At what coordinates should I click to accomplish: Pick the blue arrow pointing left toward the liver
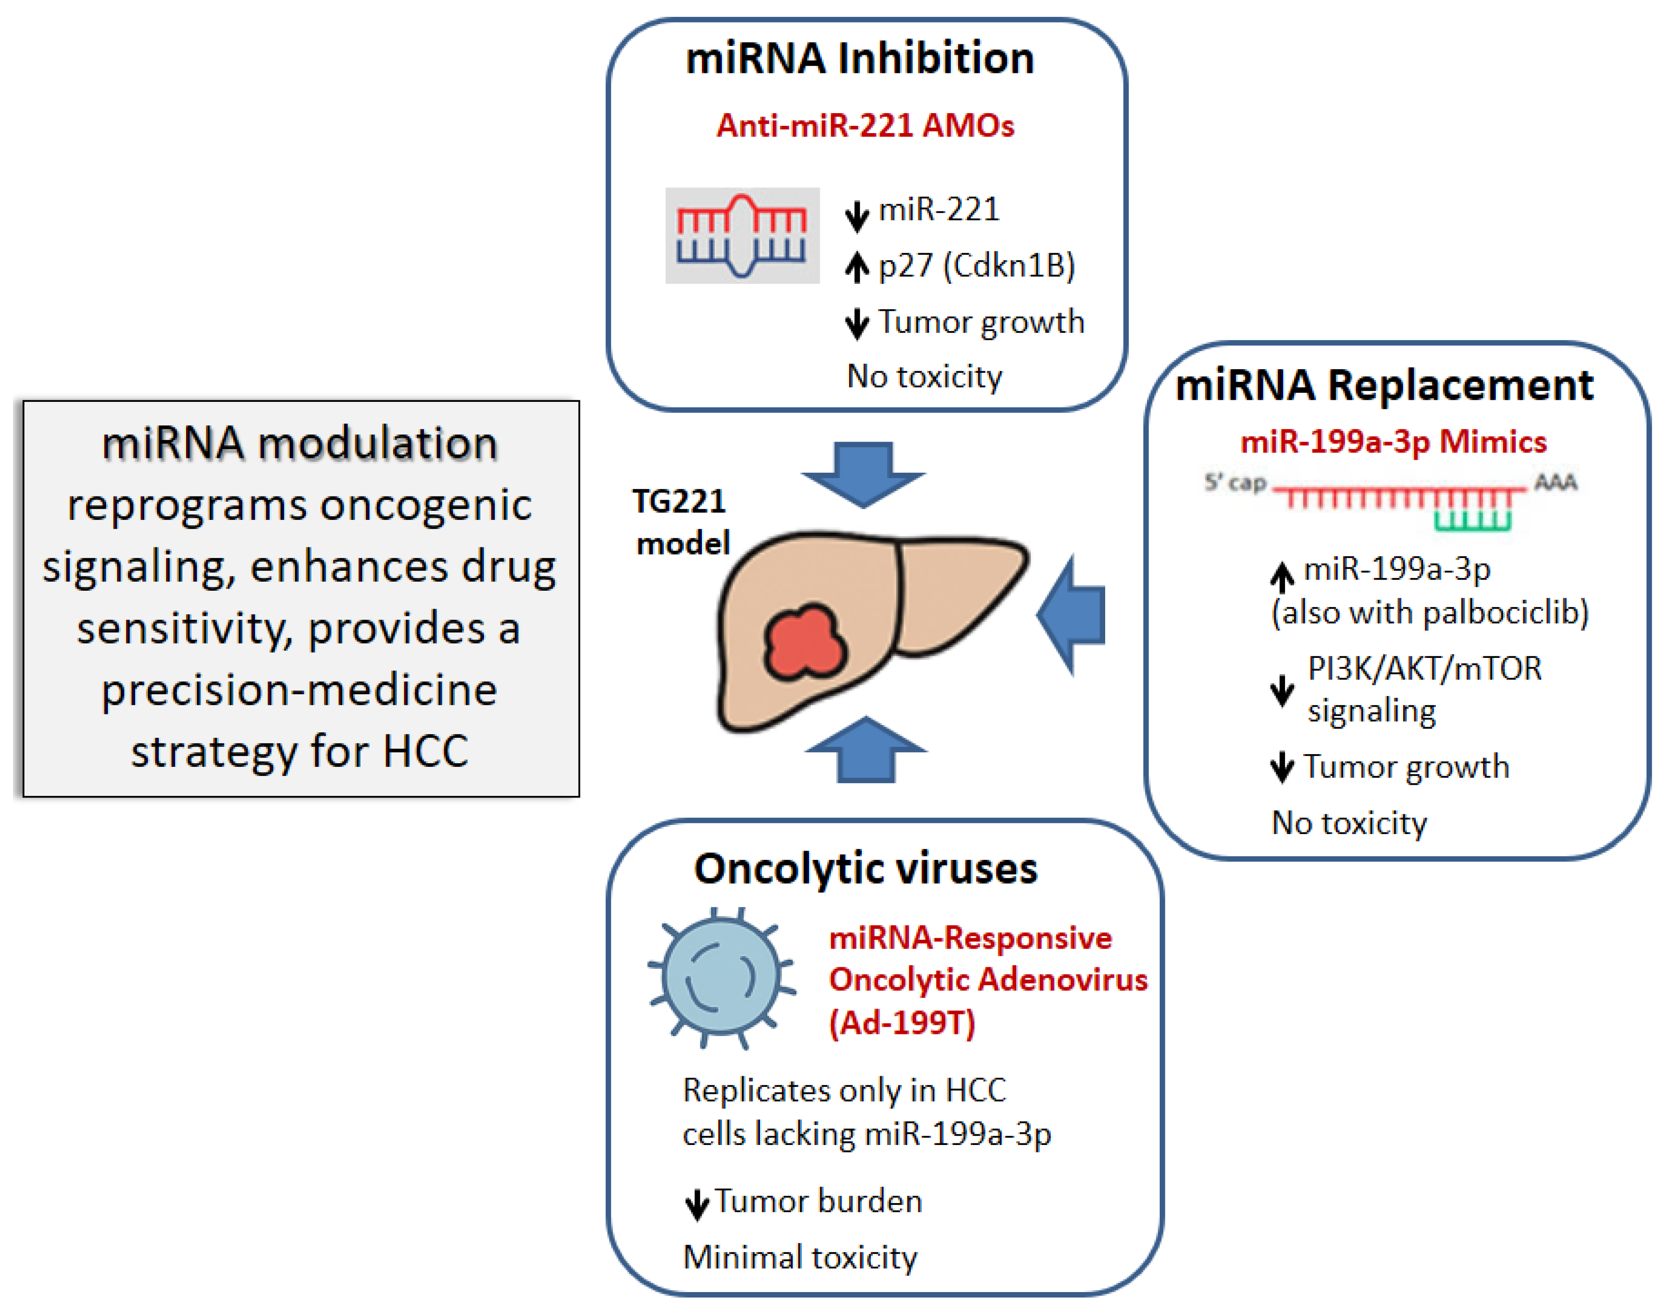[1072, 614]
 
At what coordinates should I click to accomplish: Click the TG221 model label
[681, 522]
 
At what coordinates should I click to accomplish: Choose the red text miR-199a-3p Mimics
[1393, 442]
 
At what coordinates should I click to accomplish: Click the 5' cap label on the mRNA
[1235, 483]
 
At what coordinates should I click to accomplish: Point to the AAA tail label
[1556, 482]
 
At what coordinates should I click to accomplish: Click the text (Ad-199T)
[902, 1023]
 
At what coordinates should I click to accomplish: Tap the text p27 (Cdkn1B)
[977, 265]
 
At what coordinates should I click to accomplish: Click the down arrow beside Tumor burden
[697, 1203]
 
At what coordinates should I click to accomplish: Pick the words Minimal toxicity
[800, 1257]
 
